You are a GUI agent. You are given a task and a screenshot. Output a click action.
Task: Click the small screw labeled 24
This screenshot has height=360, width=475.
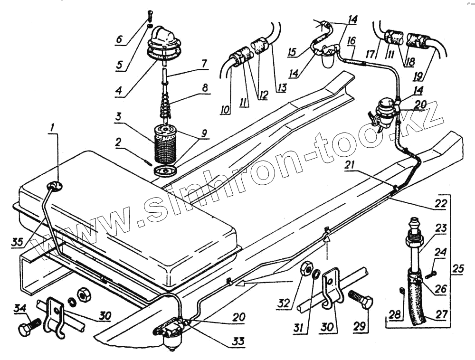click(430, 275)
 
